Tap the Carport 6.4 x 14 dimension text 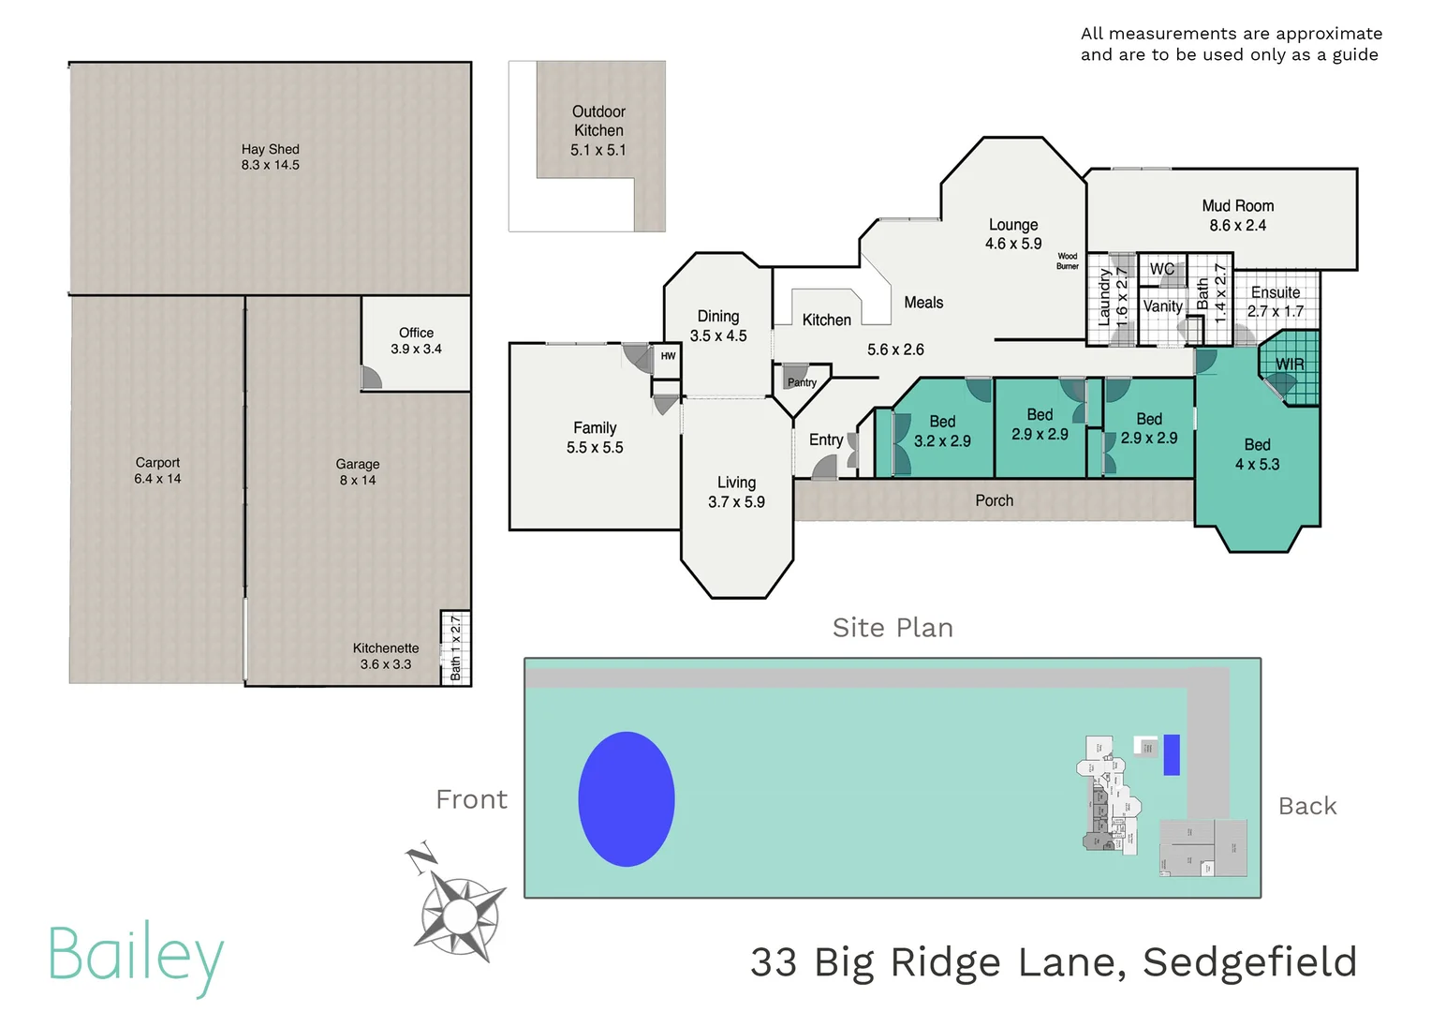(x=157, y=479)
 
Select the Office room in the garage (x=416, y=341)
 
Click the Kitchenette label (x=385, y=648)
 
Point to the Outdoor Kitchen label (x=598, y=130)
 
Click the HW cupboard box (x=667, y=356)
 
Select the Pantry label (x=802, y=382)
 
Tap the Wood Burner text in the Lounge (x=1067, y=260)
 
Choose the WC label (x=1161, y=269)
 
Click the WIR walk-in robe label (x=1290, y=364)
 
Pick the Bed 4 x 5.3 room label (x=1257, y=454)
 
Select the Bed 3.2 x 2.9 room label (x=942, y=431)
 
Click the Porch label (x=994, y=500)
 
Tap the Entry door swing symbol (x=825, y=467)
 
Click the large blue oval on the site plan (x=627, y=798)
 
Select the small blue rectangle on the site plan (x=1171, y=754)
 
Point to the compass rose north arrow (x=459, y=909)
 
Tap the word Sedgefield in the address (x=1249, y=962)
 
